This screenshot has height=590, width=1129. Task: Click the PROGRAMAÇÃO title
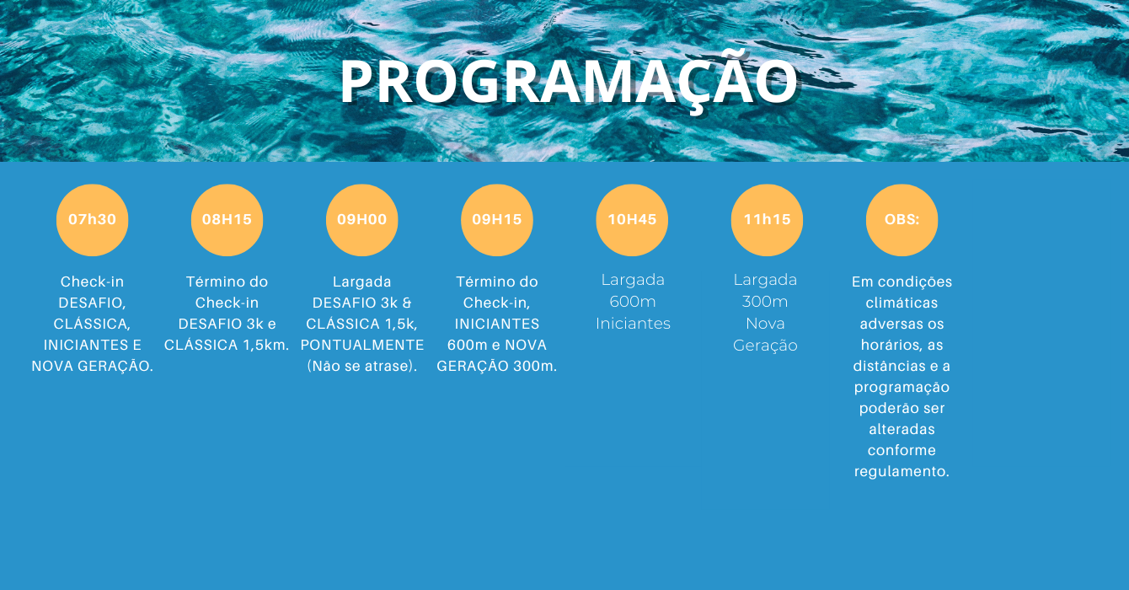569,83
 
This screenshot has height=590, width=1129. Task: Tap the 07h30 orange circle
92,220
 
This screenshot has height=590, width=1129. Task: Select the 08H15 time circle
227,220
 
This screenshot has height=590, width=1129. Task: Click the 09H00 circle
362,220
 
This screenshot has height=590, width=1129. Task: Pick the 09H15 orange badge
497,220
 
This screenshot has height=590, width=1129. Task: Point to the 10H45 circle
632,220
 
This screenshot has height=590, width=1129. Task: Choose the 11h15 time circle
767,220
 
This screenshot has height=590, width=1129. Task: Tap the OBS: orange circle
902,220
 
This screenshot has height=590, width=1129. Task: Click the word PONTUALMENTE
362,345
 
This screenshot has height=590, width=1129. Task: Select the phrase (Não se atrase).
362,366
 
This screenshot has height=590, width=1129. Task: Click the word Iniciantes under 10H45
633,324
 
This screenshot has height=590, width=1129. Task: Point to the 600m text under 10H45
633,302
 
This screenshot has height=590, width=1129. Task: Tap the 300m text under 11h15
765,302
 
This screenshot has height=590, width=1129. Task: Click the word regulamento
902,471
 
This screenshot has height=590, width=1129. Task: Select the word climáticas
902,303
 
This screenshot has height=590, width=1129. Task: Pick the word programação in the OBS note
902,387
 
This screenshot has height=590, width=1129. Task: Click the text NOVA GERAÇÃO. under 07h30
92,366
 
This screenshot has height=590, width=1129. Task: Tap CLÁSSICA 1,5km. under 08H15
227,345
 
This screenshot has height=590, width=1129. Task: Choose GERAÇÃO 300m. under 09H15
497,366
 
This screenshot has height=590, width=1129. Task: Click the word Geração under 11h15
765,346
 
